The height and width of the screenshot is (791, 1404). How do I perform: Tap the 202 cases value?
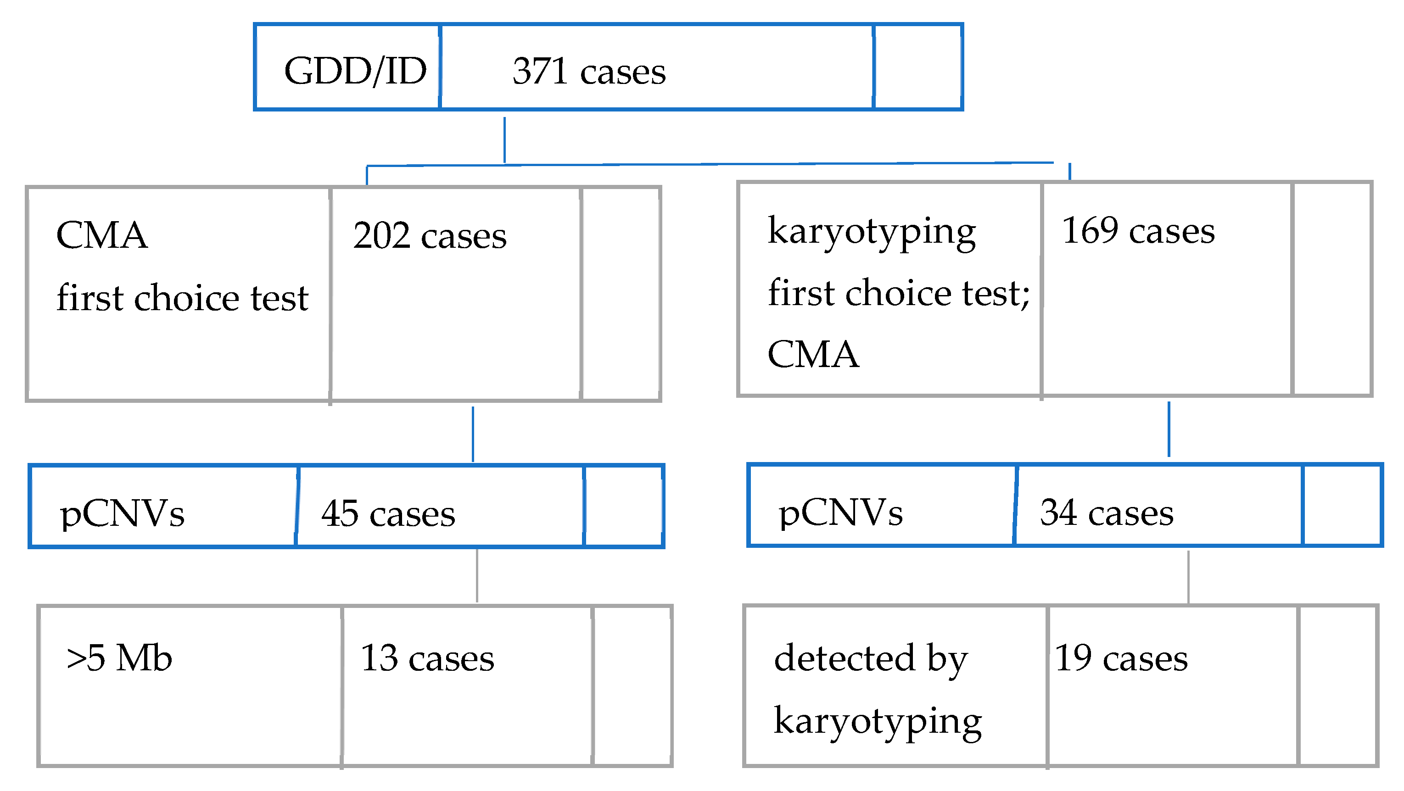(x=430, y=236)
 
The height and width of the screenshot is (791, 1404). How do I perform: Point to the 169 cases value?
(x=1138, y=231)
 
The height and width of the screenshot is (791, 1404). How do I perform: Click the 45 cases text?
(x=388, y=514)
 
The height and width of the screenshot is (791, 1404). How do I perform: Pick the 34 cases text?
(x=1107, y=512)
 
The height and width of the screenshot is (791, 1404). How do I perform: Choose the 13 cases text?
(x=427, y=658)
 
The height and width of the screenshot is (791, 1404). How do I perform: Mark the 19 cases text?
(x=1121, y=658)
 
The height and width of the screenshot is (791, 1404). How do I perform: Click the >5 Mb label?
(x=119, y=658)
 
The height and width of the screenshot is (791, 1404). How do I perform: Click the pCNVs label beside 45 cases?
(x=122, y=514)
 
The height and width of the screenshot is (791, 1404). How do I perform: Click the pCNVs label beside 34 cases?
(x=840, y=512)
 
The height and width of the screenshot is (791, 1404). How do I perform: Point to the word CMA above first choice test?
(x=101, y=235)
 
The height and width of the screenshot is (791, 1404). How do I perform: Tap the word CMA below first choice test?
(x=813, y=355)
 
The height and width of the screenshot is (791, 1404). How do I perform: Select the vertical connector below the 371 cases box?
(x=504, y=140)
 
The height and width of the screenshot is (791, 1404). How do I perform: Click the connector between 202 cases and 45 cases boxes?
(x=473, y=434)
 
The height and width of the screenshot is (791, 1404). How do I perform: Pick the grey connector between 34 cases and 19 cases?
(x=1188, y=576)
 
